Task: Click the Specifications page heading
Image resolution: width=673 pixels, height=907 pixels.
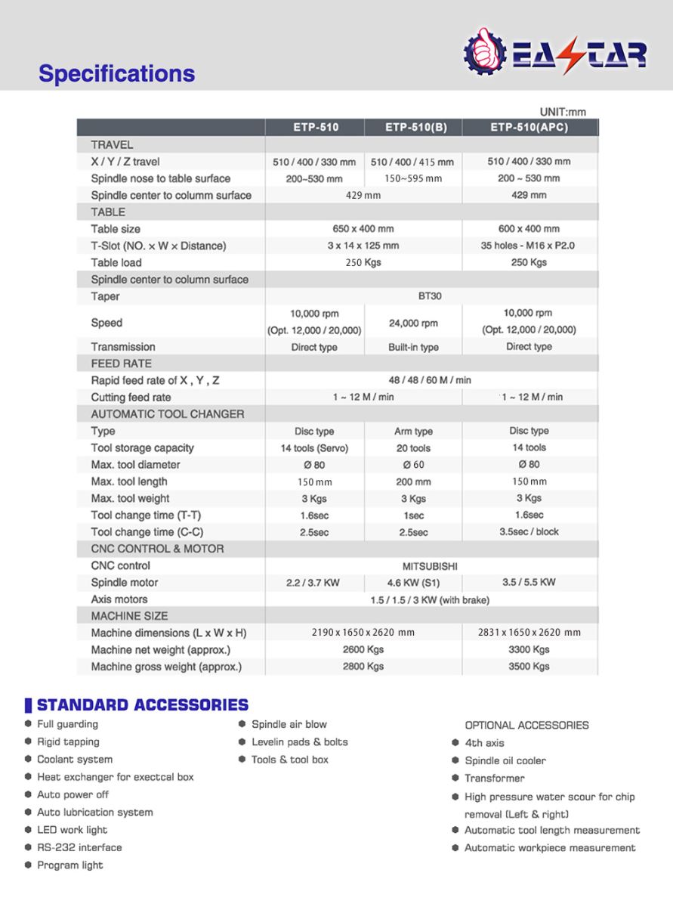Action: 116,73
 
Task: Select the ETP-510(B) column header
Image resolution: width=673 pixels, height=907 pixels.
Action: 415,127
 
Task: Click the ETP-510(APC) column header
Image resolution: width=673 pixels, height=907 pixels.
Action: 529,127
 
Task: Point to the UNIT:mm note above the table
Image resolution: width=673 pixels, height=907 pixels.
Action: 563,112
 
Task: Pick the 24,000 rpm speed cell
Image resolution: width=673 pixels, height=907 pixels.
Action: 413,323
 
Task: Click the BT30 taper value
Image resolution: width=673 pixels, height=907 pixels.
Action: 430,296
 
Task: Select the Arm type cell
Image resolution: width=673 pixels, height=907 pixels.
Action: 413,431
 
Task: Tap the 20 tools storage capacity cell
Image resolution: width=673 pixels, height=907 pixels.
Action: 413,448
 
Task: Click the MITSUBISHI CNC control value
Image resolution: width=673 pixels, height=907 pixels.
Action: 430,565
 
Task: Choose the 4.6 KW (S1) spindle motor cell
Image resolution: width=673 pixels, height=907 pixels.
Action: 413,583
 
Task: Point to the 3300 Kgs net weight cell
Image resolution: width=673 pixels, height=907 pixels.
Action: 529,649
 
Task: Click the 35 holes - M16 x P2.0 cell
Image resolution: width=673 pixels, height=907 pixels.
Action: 529,246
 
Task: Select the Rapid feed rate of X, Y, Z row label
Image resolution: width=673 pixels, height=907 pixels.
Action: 155,380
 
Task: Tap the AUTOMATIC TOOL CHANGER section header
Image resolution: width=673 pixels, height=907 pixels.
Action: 168,414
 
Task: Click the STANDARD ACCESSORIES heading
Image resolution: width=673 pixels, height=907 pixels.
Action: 142,705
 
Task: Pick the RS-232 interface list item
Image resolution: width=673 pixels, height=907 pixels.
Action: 79,847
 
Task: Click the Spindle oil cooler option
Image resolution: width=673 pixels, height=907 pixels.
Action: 505,760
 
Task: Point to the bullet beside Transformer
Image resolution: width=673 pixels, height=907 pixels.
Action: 455,779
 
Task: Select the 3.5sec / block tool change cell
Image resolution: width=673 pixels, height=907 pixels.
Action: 529,531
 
